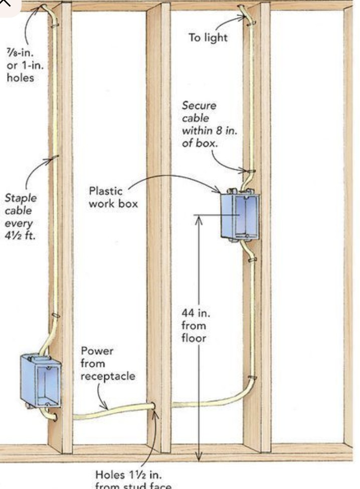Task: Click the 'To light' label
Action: (x=208, y=38)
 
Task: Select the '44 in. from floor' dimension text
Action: (x=196, y=326)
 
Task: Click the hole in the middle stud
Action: (x=152, y=405)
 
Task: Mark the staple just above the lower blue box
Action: (x=56, y=316)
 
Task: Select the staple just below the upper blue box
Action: (x=252, y=259)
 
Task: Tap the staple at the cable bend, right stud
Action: (x=252, y=377)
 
